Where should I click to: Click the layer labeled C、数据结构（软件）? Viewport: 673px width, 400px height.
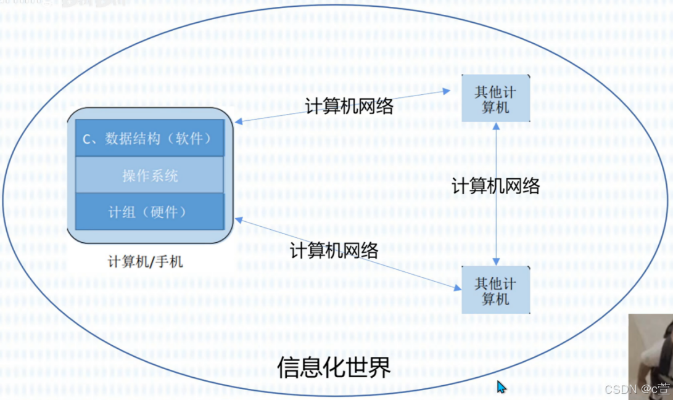coord(149,138)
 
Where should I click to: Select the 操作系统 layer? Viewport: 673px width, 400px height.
coord(150,176)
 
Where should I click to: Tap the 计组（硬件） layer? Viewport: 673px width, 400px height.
coord(149,212)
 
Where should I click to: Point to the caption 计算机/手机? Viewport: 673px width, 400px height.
coord(145,261)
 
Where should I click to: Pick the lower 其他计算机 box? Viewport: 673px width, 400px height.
coord(495,291)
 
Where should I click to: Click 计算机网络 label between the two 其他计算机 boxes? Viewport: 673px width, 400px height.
coord(496,186)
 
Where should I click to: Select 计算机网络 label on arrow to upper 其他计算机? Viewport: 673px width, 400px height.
coord(349,106)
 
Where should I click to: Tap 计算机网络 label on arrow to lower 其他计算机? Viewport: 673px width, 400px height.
coord(334,250)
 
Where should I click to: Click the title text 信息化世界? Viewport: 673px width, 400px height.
coord(333,367)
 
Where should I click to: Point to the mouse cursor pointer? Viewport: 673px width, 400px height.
coord(501,386)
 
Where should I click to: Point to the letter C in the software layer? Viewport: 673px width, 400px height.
coord(86,139)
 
